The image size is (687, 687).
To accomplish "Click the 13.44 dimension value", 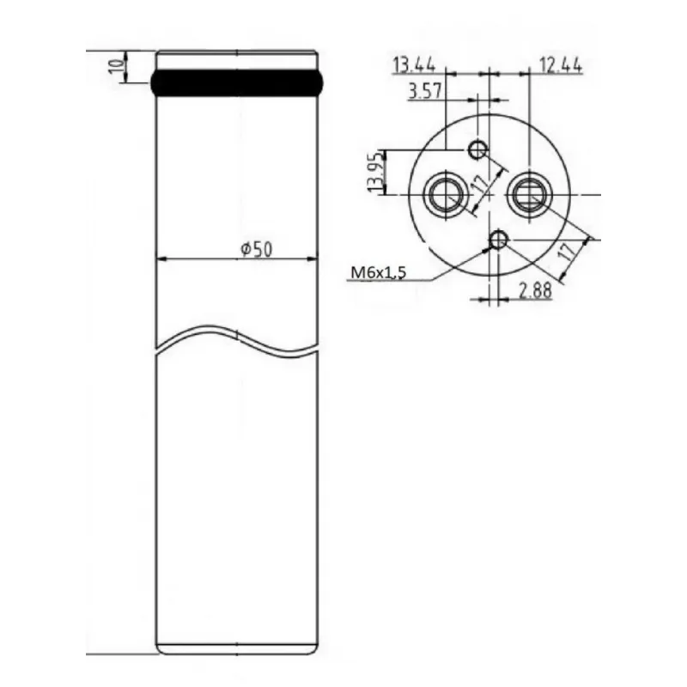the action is tap(414, 65).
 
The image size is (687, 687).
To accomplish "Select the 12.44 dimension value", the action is tap(561, 65).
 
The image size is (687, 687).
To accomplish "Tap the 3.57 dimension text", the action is tap(425, 92).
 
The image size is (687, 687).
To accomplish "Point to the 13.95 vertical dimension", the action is tap(375, 172).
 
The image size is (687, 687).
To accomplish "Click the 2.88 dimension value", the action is tap(535, 290).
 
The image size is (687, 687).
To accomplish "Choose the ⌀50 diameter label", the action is tap(256, 249).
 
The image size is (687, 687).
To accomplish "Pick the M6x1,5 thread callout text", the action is tap(379, 272).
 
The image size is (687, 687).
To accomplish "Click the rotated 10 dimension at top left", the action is tap(116, 67).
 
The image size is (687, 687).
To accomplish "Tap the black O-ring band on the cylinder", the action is tap(238, 82).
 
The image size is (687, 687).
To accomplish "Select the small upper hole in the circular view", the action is tap(477, 149).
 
